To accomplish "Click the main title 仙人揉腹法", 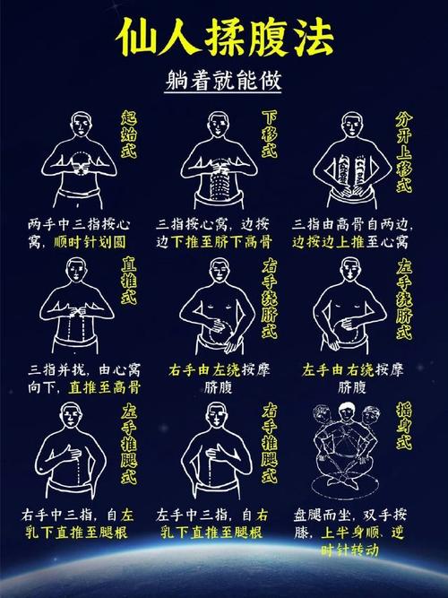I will [223, 37].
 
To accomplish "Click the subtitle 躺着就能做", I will [223, 82].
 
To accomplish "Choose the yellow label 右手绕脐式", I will [270, 300].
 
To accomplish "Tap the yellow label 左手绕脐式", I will [404, 300].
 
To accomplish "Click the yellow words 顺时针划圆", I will [99, 241].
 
